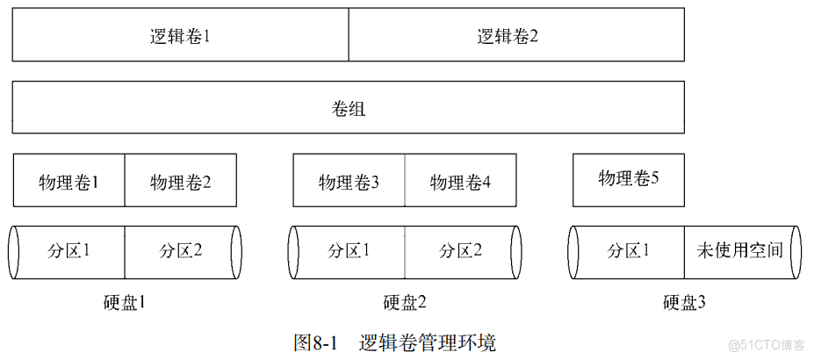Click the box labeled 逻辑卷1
tap(180, 36)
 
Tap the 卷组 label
tap(349, 109)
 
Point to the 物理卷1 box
tap(68, 182)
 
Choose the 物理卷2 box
tap(181, 182)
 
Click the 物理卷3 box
tap(349, 182)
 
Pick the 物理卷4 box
tap(460, 182)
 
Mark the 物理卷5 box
tap(628, 179)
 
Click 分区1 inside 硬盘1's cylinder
tap(68, 250)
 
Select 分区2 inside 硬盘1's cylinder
tap(181, 250)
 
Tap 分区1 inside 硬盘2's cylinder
tap(349, 250)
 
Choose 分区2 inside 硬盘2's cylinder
tap(460, 250)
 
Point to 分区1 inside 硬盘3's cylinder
tap(628, 250)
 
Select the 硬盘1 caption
tap(125, 303)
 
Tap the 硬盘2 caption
tap(405, 303)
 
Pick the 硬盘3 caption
tap(684, 303)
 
